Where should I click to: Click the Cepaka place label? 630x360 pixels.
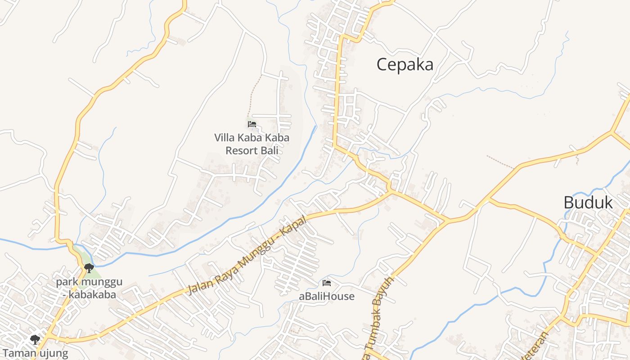[405, 64]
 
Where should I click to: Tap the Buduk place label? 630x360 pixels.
[588, 202]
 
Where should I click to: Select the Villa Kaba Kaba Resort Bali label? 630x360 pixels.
[252, 144]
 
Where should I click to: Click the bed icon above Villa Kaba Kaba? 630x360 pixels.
[252, 124]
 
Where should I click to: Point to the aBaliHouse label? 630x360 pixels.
[327, 297]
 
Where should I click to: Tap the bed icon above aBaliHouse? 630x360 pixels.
[327, 283]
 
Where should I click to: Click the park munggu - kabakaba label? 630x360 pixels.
[89, 288]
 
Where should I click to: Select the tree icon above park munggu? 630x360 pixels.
[89, 268]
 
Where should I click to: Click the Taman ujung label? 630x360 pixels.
[35, 353]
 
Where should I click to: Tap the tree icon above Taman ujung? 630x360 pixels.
[35, 339]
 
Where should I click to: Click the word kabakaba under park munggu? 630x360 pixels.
[92, 295]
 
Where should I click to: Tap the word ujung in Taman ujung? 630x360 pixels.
[53, 354]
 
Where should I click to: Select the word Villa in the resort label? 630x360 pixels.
[224, 137]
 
